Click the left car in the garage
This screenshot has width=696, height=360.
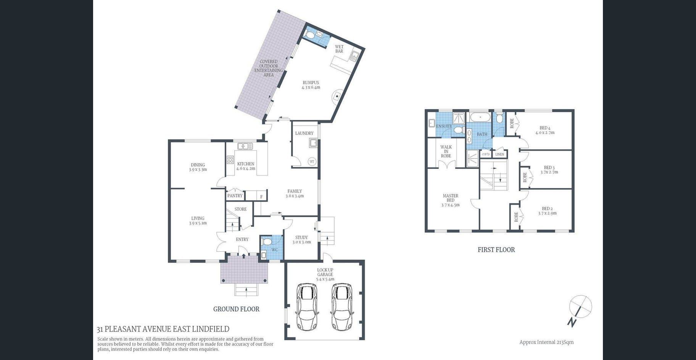pyautogui.click(x=307, y=307)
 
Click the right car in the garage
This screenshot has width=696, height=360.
pyautogui.click(x=342, y=307)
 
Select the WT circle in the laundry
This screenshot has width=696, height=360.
pyautogui.click(x=312, y=161)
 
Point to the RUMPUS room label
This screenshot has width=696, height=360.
pyautogui.click(x=311, y=82)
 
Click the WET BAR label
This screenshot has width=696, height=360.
pyautogui.click(x=339, y=49)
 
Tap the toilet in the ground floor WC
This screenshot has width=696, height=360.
pyautogui.click(x=267, y=242)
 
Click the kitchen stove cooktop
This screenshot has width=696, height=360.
pyautogui.click(x=230, y=160)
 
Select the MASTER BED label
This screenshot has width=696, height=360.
pyautogui.click(x=451, y=198)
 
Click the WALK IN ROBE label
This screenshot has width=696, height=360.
pyautogui.click(x=446, y=151)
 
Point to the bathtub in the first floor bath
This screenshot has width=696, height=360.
pyautogui.click(x=480, y=117)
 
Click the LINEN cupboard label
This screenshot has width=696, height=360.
pyautogui.click(x=499, y=154)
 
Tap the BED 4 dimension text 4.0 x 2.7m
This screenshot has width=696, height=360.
pyautogui.click(x=545, y=133)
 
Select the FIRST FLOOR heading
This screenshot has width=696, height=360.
pyautogui.click(x=496, y=250)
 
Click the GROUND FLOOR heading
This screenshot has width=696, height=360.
pyautogui.click(x=236, y=309)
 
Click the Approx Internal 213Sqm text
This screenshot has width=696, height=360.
pyautogui.click(x=546, y=342)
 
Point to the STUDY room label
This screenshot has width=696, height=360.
pyautogui.click(x=301, y=237)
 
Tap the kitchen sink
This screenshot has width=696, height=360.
pyautogui.click(x=245, y=146)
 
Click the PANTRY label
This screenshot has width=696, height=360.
pyautogui.click(x=235, y=196)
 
